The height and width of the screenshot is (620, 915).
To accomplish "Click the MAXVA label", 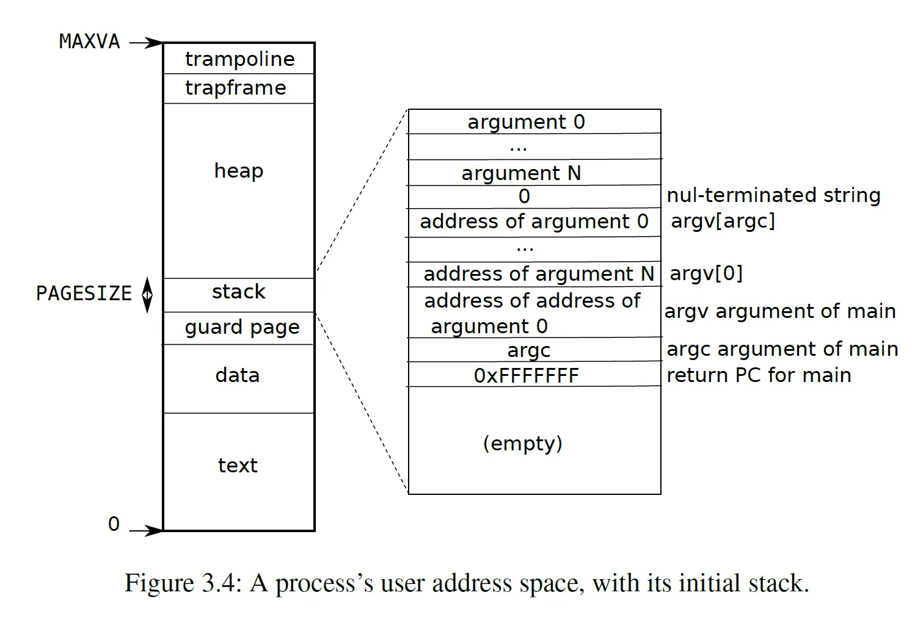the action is [89, 41].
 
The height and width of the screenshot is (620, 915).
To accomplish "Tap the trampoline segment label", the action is [240, 60].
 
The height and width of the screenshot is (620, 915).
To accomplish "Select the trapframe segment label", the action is [236, 88].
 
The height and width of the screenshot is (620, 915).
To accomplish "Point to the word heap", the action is [239, 171].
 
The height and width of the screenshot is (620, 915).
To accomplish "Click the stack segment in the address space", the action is [239, 295].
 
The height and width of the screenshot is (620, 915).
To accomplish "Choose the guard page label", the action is [242, 327].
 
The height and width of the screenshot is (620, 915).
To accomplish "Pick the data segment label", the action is [238, 375].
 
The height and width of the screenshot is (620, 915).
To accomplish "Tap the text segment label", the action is [238, 466].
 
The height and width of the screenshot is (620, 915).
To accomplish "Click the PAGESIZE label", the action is [84, 293].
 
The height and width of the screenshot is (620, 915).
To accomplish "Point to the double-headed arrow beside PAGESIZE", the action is [147, 295].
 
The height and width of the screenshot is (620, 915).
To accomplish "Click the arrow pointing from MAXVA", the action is [146, 42].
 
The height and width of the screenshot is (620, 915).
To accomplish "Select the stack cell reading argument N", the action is [521, 173].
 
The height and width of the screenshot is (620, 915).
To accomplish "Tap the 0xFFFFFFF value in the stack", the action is [526, 375].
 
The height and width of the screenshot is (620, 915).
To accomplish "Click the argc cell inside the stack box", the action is [528, 350].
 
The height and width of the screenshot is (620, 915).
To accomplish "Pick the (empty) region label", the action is [522, 443].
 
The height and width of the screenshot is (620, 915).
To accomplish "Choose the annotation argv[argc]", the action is [723, 222].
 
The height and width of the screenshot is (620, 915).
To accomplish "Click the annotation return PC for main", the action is [759, 375].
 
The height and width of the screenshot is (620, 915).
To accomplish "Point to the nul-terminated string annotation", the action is [773, 195].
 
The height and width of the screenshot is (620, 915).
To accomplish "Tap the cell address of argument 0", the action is [534, 222].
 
